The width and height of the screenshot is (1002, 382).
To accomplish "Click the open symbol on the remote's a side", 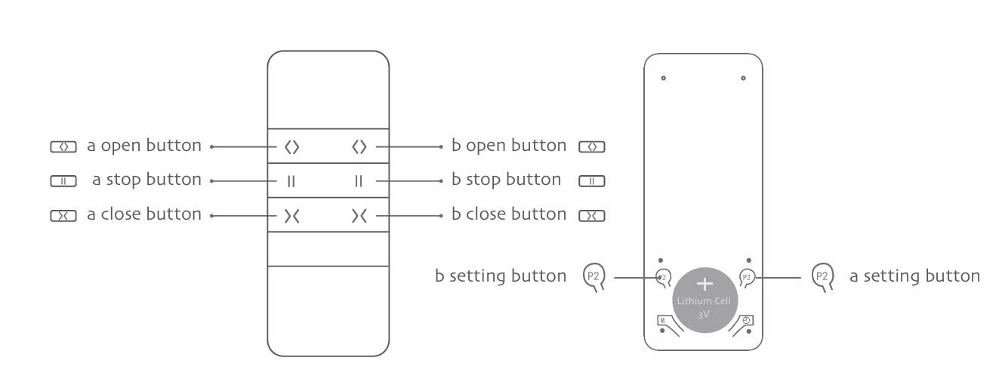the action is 291,146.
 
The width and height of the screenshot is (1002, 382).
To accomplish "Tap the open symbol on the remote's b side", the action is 359,146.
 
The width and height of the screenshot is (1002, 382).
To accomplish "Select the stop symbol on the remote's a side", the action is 291,181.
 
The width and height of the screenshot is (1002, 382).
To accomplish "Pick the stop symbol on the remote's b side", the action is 359,181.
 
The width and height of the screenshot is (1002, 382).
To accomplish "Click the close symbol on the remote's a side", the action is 291,216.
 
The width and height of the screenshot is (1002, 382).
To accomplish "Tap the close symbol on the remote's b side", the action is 359,216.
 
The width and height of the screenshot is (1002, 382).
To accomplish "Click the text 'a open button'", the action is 144,146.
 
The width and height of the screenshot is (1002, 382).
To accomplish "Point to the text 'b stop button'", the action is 507,180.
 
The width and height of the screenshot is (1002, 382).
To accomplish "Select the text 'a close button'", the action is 144,214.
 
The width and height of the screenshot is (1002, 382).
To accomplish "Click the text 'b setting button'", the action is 501,276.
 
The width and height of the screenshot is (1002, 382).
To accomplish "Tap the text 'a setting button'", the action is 914,276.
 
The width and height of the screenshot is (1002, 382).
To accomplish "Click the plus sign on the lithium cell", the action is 705,284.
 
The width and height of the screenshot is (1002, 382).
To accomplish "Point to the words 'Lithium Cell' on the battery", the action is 704,301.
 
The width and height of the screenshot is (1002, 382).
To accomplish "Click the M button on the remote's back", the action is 663,320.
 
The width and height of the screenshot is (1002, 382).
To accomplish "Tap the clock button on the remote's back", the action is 747,320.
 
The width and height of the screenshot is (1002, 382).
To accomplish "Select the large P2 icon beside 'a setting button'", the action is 822,277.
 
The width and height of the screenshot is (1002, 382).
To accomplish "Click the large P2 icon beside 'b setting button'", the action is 593,277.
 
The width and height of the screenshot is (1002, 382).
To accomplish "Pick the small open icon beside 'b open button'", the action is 592,146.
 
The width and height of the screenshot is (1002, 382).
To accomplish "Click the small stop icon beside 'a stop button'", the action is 63,181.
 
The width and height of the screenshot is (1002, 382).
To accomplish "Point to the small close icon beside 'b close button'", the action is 592,216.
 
